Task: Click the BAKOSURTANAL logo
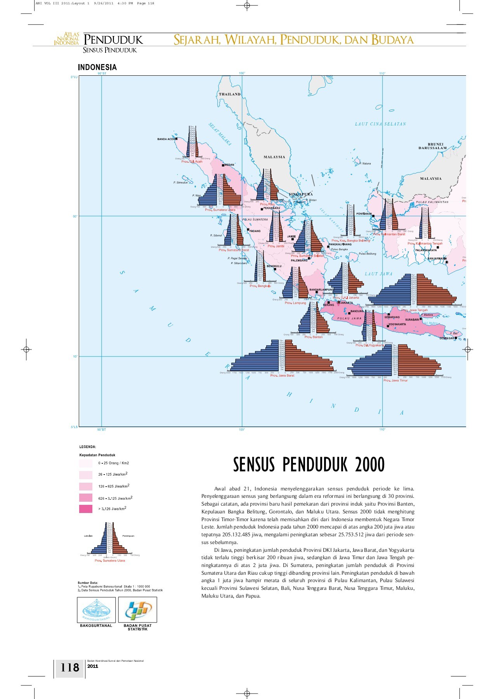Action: (96, 610)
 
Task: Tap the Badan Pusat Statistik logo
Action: (137, 610)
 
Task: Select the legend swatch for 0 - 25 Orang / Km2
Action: (86, 463)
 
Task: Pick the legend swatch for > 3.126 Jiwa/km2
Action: (86, 509)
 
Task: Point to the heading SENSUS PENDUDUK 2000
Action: (309, 464)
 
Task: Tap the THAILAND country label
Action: (230, 94)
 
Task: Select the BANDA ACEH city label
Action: (166, 139)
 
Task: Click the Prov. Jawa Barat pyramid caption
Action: (282, 376)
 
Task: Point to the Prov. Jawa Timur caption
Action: (395, 381)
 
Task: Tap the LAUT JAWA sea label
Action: (378, 274)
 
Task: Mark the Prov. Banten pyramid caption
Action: (314, 337)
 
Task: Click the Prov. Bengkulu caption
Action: (260, 286)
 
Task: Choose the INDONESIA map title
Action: (97, 68)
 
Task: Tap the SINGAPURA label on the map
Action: (301, 194)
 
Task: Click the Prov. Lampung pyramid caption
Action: (295, 303)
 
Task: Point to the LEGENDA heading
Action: (88, 447)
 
